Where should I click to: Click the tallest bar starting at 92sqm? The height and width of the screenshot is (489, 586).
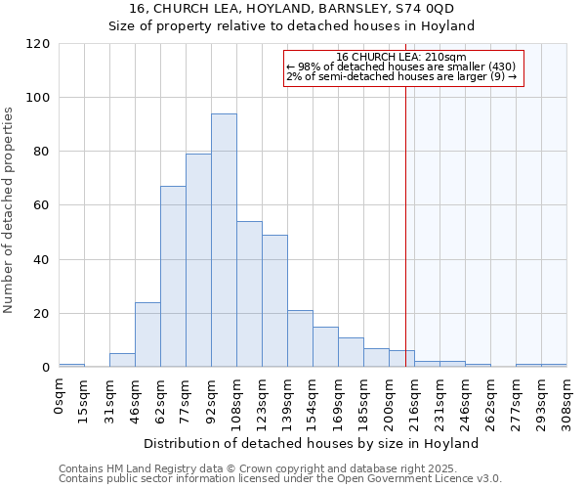(224, 241)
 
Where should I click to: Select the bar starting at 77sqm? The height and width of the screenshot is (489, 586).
(198, 260)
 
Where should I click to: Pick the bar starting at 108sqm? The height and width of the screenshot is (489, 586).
(249, 294)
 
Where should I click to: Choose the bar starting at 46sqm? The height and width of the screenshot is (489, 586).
(147, 335)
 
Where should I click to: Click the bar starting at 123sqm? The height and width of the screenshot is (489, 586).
(274, 301)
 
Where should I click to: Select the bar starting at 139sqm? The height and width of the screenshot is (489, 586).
(300, 339)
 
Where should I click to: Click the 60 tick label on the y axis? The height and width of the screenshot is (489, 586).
(42, 205)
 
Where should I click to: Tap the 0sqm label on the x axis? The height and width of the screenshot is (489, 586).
(60, 396)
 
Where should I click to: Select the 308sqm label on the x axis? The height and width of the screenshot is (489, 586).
(567, 401)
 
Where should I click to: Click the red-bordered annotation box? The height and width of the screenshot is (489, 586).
(403, 68)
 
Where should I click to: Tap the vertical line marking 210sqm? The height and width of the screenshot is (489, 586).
(405, 225)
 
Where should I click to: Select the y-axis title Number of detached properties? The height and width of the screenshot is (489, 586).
(9, 210)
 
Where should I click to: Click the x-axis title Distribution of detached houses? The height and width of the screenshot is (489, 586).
(318, 443)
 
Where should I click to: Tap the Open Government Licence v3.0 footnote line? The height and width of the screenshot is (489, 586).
(279, 479)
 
